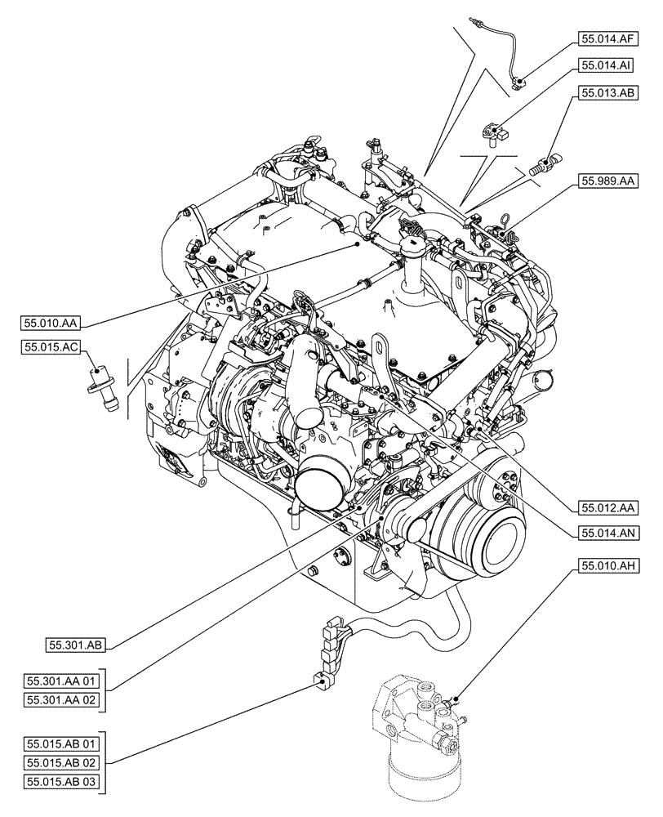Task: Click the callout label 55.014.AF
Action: click(608, 38)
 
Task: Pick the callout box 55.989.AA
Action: click(608, 180)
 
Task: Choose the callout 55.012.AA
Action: click(608, 507)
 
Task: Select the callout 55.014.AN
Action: click(608, 532)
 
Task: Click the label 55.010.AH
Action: click(608, 565)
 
